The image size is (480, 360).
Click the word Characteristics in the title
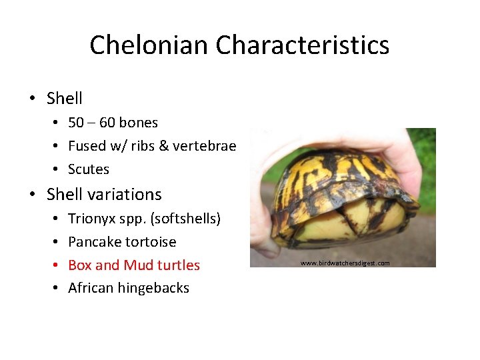point(303,45)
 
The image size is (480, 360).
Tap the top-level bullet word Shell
point(65,99)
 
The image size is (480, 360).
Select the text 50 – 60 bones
point(113,123)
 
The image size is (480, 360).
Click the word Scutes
point(89,169)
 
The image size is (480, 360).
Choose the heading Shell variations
point(104,195)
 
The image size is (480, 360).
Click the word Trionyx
point(91,219)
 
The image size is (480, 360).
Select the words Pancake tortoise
point(122,242)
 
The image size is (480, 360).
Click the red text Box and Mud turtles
point(134,265)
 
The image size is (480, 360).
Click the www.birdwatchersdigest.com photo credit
point(345,263)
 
